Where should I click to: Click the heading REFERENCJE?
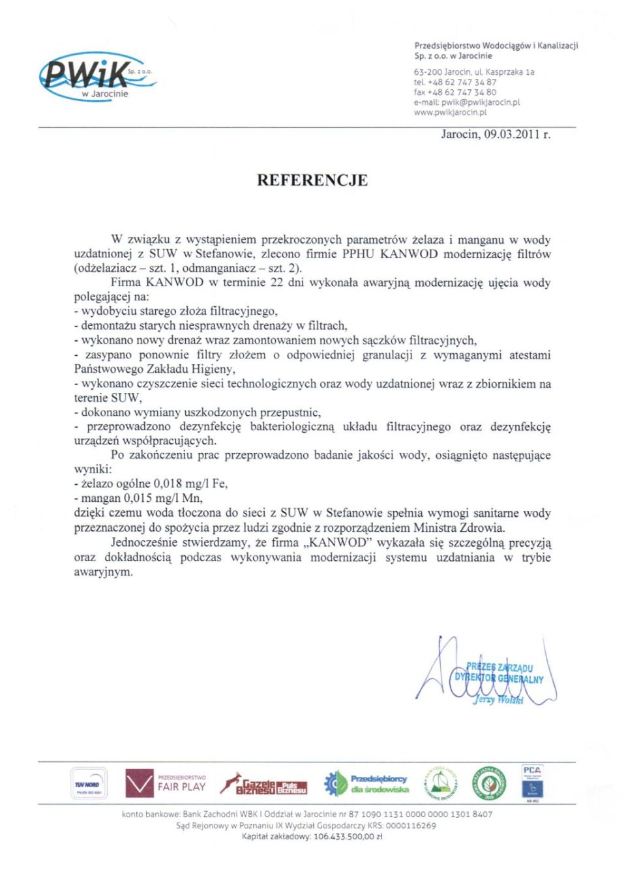tap(312, 180)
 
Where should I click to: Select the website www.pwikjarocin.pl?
tap(450, 112)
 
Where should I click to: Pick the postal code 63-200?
tap(428, 72)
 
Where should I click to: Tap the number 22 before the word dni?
tap(276, 282)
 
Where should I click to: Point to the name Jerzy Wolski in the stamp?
tap(498, 700)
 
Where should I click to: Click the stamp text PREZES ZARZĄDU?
tap(499, 667)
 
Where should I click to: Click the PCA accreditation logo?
tap(532, 783)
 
